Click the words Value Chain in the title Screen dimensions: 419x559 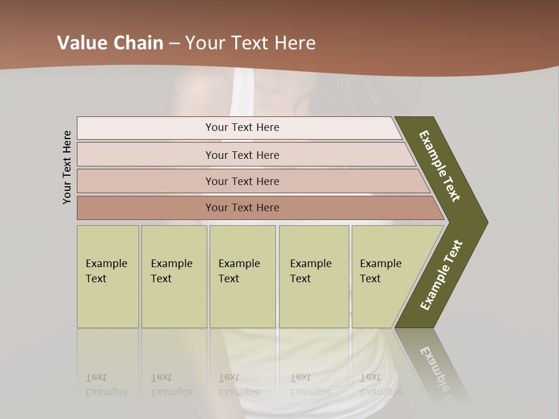[110, 43]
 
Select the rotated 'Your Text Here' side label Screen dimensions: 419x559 [67, 167]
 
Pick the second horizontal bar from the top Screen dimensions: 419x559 [242, 155]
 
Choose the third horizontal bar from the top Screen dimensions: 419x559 [242, 181]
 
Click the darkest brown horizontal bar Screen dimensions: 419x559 [242, 208]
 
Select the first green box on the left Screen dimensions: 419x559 [108, 276]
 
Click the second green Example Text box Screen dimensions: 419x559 [174, 276]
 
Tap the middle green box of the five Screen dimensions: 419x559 [242, 276]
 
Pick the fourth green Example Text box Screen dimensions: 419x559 [313, 276]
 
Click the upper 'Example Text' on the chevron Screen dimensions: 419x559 [440, 165]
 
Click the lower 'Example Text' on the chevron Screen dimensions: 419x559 [441, 275]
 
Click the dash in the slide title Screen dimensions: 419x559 [174, 43]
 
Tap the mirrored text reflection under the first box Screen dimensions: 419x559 [106, 385]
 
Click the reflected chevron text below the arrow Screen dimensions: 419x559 [440, 372]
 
